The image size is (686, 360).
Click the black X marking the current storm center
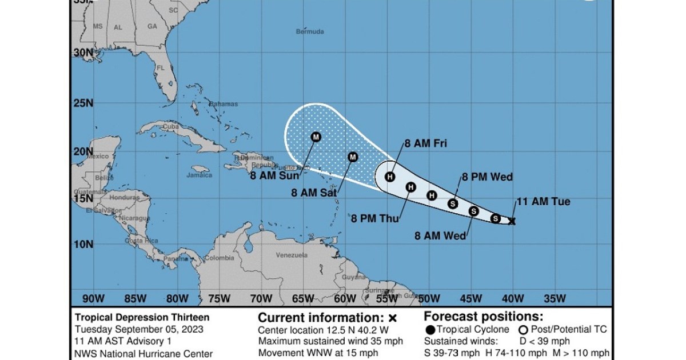512,221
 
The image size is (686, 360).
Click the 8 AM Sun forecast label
275,175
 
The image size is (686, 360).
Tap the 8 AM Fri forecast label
425,143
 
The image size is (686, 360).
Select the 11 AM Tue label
543,202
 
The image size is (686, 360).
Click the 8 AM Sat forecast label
314,194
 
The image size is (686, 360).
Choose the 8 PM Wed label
487,177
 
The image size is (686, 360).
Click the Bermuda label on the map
310,31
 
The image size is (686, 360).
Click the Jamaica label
199,175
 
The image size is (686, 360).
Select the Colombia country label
220,258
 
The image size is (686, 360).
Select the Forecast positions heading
484,317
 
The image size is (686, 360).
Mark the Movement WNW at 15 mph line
318,353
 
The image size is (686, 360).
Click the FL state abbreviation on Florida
161,67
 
